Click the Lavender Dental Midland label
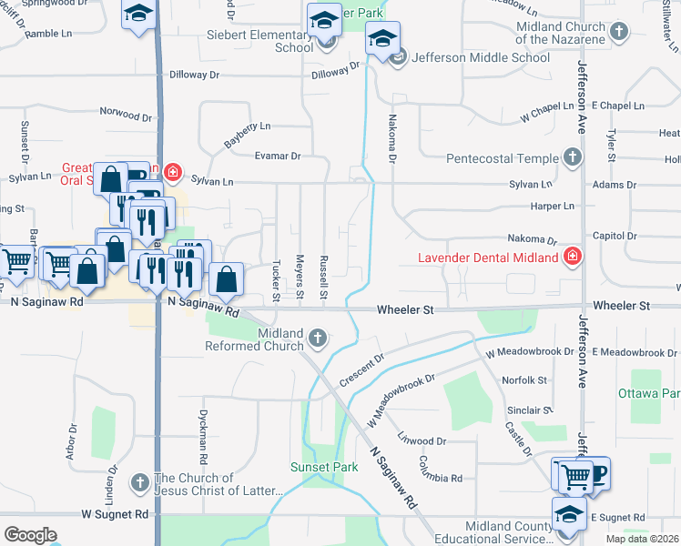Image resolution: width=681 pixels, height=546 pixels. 488,258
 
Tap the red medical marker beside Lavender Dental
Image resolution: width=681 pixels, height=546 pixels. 572,257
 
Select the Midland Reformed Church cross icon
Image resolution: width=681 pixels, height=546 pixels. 318,339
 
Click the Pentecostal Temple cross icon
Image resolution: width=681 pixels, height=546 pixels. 572,158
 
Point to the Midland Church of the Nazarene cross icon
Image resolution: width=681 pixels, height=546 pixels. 619,33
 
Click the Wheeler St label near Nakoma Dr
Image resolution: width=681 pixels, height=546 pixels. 406,309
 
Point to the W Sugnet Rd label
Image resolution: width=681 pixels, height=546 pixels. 114,514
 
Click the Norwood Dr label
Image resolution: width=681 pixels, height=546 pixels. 126,116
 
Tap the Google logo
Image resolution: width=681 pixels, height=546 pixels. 29,535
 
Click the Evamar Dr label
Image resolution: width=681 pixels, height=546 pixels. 278,157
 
